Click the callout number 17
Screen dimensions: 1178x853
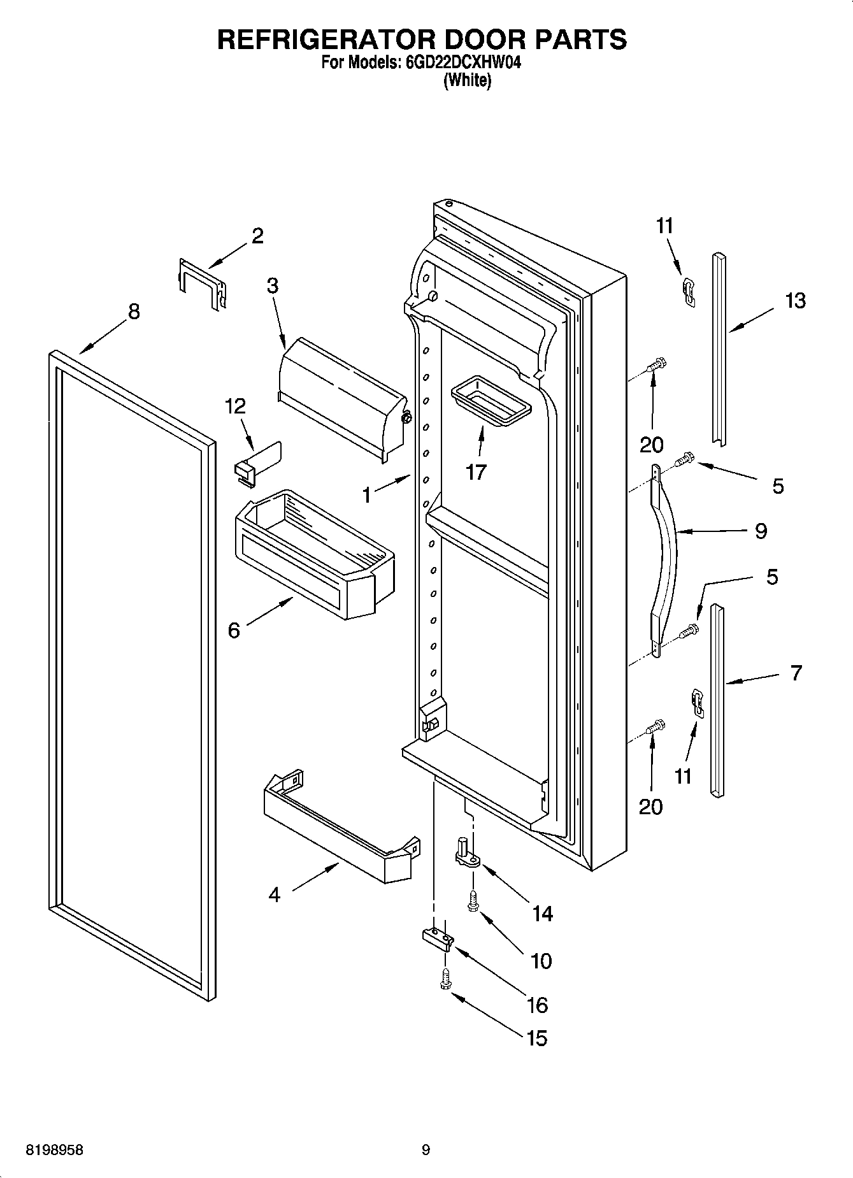click(x=476, y=472)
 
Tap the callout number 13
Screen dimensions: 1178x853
click(x=795, y=300)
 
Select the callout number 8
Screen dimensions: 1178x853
click(x=133, y=312)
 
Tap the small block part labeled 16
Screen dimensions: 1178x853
click(x=438, y=937)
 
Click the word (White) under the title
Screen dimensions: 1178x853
click(x=467, y=81)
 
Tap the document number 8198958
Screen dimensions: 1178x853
click(x=54, y=1150)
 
